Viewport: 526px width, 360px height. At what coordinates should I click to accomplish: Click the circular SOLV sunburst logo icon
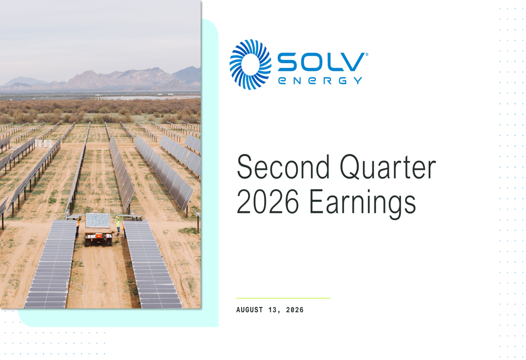(250, 65)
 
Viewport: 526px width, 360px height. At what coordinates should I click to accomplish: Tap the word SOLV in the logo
(321, 62)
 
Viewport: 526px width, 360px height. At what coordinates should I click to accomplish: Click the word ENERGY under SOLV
(320, 81)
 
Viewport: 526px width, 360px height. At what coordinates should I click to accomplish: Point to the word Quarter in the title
(388, 168)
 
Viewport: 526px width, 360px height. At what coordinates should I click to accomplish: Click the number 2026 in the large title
(268, 201)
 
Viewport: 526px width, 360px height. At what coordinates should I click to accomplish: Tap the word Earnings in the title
(362, 203)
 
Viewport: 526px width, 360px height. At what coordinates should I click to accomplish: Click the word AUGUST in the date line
(249, 310)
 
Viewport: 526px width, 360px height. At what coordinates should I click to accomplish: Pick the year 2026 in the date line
(295, 310)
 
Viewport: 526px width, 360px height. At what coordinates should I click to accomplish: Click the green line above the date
(284, 297)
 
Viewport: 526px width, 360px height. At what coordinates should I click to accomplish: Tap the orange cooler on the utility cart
(99, 236)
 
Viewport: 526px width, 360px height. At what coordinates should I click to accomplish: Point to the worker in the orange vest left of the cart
(78, 227)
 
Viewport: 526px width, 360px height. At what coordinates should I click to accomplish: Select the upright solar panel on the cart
(98, 221)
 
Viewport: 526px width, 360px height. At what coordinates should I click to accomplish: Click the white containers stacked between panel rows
(44, 143)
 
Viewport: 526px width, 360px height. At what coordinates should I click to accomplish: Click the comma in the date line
(279, 312)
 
